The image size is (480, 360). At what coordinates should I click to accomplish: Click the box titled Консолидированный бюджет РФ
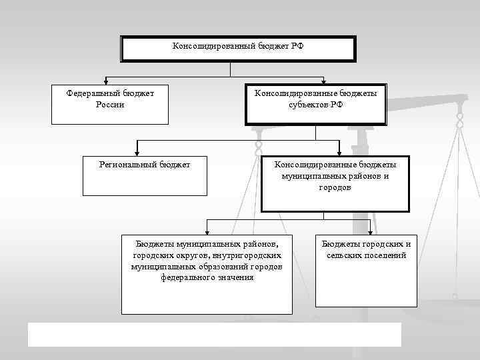coord(238,49)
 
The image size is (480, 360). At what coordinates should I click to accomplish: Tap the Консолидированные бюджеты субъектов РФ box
coord(315,104)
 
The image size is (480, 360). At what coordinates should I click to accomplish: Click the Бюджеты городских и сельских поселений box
coord(366,269)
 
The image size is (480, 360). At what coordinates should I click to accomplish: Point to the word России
coord(110,105)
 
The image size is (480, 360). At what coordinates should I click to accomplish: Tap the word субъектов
coord(308,105)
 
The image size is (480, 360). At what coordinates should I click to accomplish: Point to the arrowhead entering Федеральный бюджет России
coord(105,81)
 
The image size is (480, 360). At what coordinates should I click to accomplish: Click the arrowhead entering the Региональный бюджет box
coord(137,152)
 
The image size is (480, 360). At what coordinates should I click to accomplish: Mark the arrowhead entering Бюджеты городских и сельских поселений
coord(370,231)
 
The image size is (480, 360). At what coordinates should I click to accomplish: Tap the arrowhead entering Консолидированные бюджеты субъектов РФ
coord(323,81)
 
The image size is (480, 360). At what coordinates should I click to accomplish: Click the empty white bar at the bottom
coord(214,335)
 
